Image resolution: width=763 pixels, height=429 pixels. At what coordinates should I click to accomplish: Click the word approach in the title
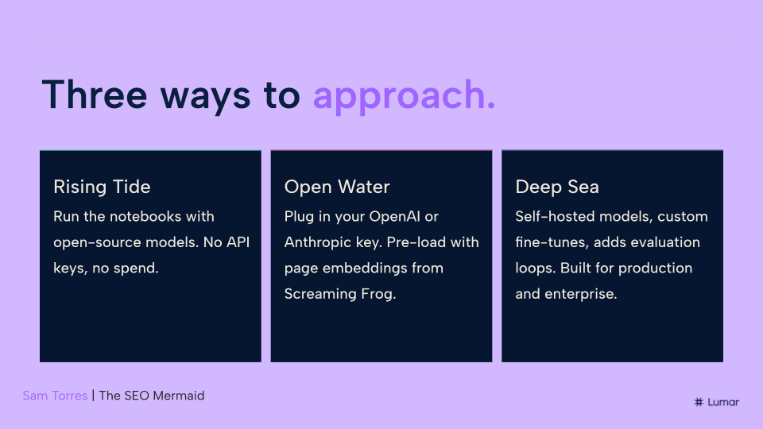(400, 96)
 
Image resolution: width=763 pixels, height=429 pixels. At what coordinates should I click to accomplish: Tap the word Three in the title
(95, 95)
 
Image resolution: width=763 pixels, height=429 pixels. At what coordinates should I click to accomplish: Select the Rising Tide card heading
(102, 187)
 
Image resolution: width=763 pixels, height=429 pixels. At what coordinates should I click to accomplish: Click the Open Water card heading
(337, 187)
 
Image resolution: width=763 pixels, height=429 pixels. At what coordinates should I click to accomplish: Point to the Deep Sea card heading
(556, 187)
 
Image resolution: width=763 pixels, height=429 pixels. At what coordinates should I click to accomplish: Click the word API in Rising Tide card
(238, 242)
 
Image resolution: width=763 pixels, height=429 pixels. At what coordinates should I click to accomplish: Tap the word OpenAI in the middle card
(394, 216)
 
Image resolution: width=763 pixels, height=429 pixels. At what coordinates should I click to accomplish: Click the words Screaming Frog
(339, 294)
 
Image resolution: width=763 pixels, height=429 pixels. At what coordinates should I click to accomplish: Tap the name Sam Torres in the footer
(55, 396)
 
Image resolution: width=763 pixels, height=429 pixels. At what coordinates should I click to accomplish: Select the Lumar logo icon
(699, 402)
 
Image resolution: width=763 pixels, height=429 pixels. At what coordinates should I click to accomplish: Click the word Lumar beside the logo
(723, 402)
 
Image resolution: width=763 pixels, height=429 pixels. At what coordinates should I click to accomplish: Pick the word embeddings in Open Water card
(365, 268)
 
